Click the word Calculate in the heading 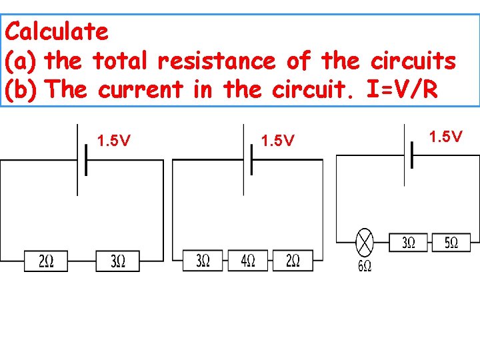(x=56, y=31)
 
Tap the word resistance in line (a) (x=216, y=61)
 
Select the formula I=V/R (x=403, y=90)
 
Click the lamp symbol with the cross (x=365, y=242)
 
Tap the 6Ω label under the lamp (x=365, y=266)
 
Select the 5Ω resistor (x=451, y=243)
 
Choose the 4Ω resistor (x=247, y=261)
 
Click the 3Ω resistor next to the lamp (x=409, y=243)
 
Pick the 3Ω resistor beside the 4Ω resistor (x=203, y=261)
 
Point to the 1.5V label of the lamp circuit (x=445, y=137)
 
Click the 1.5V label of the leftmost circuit (x=113, y=141)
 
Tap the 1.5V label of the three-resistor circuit (x=277, y=141)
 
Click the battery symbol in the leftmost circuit (x=82, y=160)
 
